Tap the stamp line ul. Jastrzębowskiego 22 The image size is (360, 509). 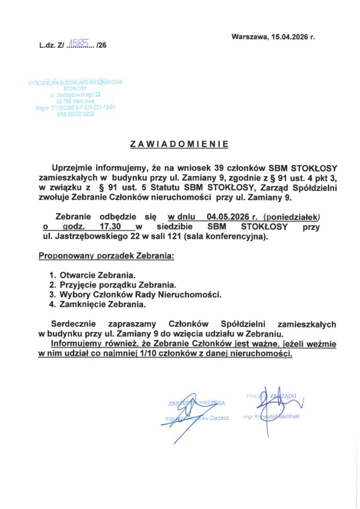[x=75, y=95]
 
